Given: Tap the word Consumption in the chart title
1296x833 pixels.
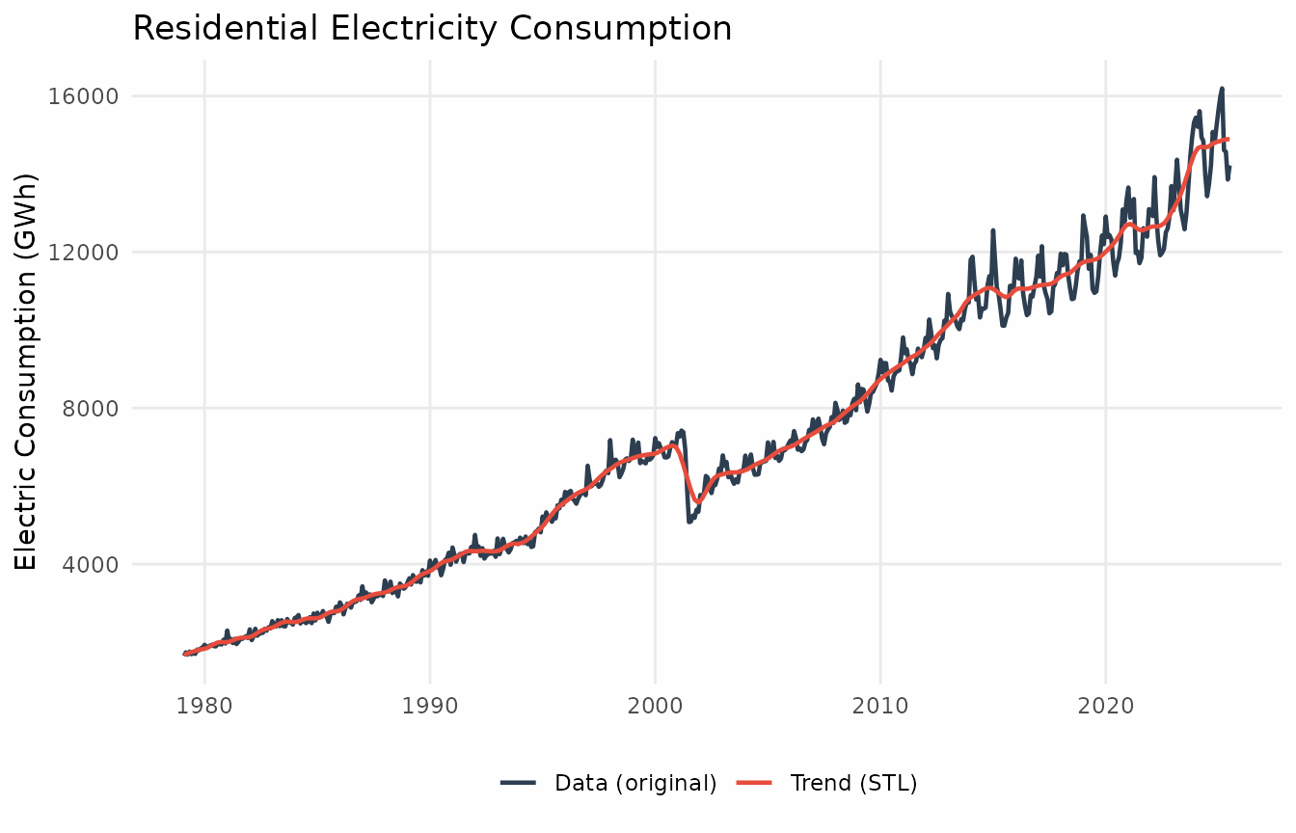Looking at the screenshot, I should (x=599, y=29).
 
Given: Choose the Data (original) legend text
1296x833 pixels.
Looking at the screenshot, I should (x=635, y=783).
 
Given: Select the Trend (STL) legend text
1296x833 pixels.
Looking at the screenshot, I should (x=853, y=783).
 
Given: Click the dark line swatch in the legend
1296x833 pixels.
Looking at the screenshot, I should (x=518, y=783).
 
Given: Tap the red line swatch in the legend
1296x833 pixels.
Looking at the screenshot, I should (x=754, y=783).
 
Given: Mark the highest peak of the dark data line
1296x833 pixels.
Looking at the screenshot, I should (x=1222, y=89).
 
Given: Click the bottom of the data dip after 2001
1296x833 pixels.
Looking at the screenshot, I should (x=688, y=522).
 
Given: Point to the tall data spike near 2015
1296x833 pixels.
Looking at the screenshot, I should (x=993, y=230).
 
